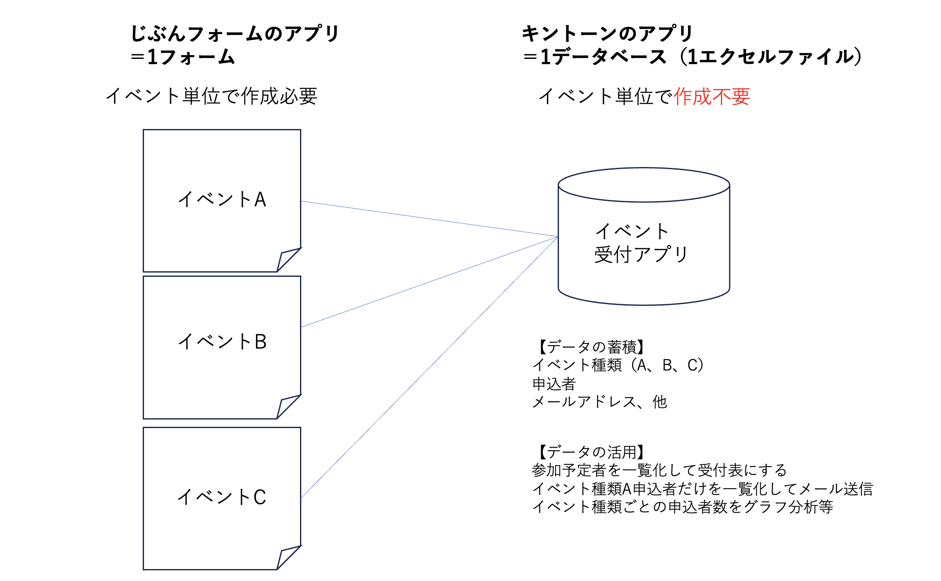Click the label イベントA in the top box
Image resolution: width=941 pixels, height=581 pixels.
tap(222, 200)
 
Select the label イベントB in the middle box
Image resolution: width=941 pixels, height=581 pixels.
tap(222, 342)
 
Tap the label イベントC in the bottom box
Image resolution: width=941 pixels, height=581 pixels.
tap(222, 497)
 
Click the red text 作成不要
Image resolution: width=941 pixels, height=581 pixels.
tap(712, 97)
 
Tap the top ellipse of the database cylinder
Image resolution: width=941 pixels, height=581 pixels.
tap(644, 185)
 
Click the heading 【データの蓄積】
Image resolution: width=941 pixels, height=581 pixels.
tap(590, 347)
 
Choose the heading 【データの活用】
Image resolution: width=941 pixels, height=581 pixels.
tap(590, 452)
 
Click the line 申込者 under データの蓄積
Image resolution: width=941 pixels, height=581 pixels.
tap(554, 384)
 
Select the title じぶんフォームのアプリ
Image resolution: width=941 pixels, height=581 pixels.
tap(235, 33)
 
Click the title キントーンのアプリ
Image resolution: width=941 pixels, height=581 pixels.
tap(607, 33)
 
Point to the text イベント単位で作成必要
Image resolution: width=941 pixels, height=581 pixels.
tap(212, 96)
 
